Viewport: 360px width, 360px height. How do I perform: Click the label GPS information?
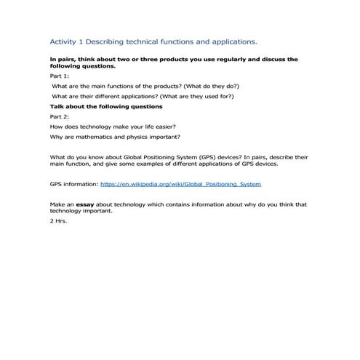[x=73, y=185]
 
